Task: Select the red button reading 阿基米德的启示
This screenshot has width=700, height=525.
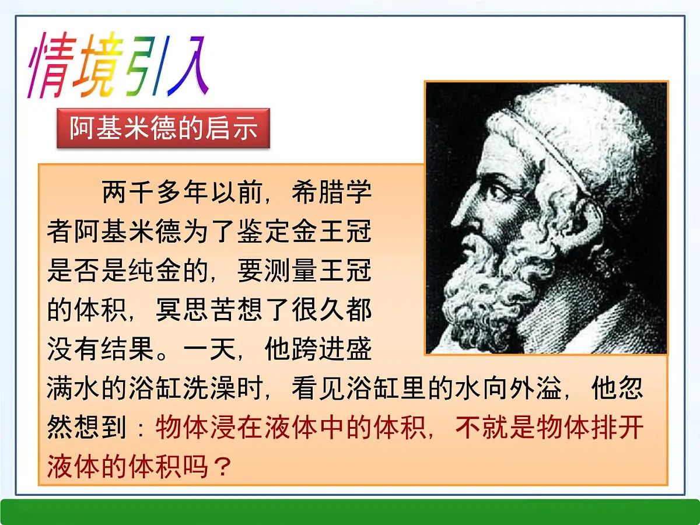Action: (163, 128)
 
